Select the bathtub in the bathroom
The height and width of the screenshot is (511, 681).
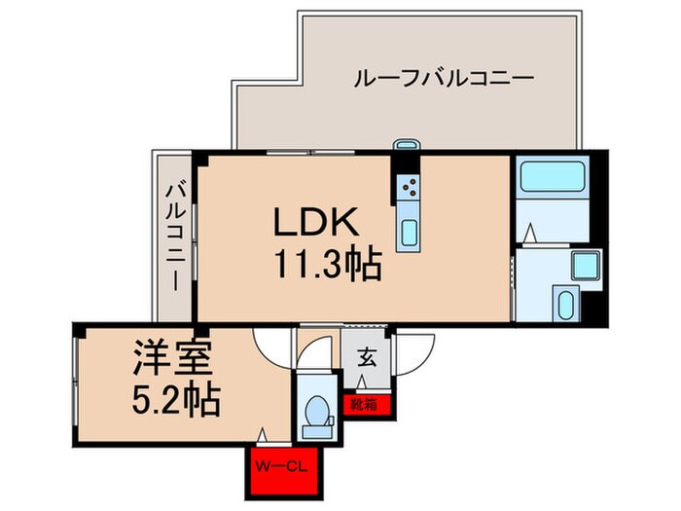[551, 178]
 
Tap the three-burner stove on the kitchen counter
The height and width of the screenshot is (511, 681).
[410, 185]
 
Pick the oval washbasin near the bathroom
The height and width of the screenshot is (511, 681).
[565, 305]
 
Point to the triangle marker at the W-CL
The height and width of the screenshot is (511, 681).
[265, 437]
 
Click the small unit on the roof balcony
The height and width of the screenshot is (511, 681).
[405, 147]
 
